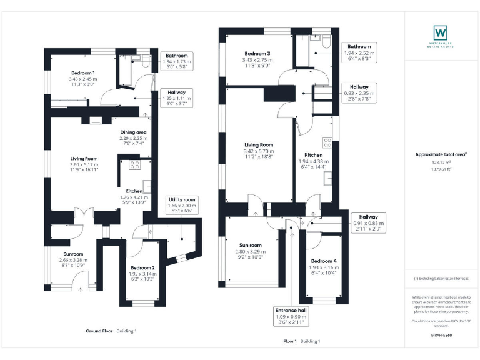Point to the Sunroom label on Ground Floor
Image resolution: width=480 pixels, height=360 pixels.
(70, 256)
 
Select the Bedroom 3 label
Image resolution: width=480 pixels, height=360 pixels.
(257, 54)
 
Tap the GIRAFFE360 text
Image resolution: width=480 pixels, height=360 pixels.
(441, 337)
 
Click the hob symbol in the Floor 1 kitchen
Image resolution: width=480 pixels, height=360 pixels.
(327, 141)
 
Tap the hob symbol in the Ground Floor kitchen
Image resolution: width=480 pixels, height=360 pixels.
(134, 165)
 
